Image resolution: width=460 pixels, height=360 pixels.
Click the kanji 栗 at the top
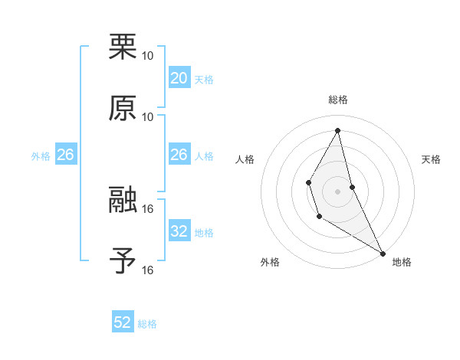[123, 47]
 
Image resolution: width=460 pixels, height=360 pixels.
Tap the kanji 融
[123, 201]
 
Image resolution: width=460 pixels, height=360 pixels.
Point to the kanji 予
[123, 261]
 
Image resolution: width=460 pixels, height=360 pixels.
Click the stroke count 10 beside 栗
[148, 56]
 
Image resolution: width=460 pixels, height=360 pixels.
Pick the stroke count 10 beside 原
[148, 116]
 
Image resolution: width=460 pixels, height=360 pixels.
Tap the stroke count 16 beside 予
[148, 270]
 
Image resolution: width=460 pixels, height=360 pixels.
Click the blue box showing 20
[179, 78]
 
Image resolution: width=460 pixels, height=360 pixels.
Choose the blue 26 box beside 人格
[179, 155]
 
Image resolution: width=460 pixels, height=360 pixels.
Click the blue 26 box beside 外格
[65, 155]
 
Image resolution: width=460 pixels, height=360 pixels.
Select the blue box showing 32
[179, 231]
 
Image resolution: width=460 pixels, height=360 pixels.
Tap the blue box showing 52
[123, 322]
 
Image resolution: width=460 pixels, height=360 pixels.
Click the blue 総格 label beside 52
[147, 324]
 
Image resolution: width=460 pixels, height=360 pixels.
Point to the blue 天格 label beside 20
[203, 80]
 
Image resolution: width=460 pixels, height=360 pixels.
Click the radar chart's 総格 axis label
[338, 100]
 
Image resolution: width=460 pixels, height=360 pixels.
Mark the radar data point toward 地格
[383, 253]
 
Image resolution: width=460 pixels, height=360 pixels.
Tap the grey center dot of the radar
[338, 190]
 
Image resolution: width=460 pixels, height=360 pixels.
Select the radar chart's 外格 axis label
[270, 263]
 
